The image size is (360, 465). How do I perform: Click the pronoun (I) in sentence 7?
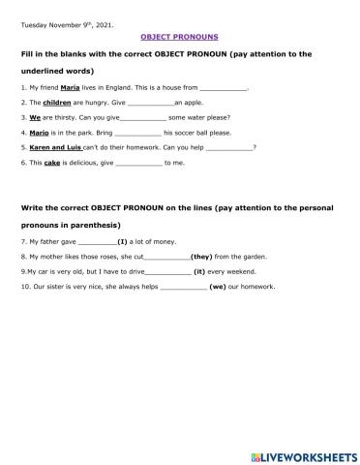click(122, 239)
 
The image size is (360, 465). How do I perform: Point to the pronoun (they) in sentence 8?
click(202, 256)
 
